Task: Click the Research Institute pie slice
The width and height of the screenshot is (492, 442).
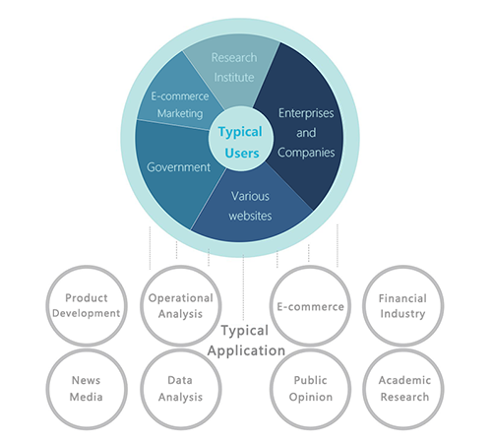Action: [233, 67]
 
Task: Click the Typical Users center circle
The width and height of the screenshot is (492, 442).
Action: [241, 139]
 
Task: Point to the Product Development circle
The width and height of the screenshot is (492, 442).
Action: [87, 306]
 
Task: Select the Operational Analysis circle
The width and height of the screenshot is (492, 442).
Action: [181, 306]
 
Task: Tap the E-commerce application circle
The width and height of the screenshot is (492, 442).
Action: [310, 306]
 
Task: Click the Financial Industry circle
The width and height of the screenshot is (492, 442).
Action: [403, 306]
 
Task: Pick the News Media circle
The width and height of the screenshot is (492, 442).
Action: [87, 389]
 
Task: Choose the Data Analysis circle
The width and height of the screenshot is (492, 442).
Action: [181, 389]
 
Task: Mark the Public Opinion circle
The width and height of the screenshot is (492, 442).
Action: [310, 389]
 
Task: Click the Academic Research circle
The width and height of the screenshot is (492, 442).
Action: [403, 389]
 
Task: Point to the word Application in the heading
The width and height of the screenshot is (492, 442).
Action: [246, 351]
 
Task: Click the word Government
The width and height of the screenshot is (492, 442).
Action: [178, 167]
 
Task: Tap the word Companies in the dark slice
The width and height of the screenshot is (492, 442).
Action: [306, 153]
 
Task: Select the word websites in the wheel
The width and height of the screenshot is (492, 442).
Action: [250, 216]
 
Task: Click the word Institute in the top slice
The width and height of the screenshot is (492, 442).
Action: [234, 78]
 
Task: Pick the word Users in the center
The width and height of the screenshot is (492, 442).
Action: [242, 154]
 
